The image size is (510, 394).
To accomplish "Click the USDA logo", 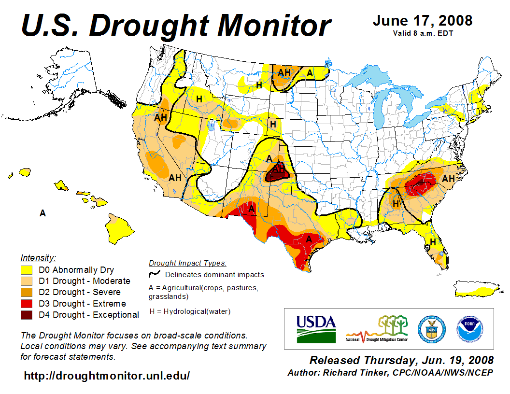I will tap(316, 329).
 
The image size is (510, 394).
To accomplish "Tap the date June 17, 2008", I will tap(423, 21).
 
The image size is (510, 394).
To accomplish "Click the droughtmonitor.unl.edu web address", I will tap(107, 375).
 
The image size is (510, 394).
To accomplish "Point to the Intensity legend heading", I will tap(38, 257).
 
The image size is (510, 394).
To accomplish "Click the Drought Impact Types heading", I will tap(187, 263).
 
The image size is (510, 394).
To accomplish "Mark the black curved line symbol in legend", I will tap(155, 274).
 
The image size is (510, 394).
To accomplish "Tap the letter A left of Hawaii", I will tap(42, 213).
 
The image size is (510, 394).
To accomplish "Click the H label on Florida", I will tap(433, 241).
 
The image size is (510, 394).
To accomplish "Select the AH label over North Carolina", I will tap(448, 179).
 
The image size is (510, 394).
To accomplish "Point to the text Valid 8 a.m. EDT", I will tap(423, 33).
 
